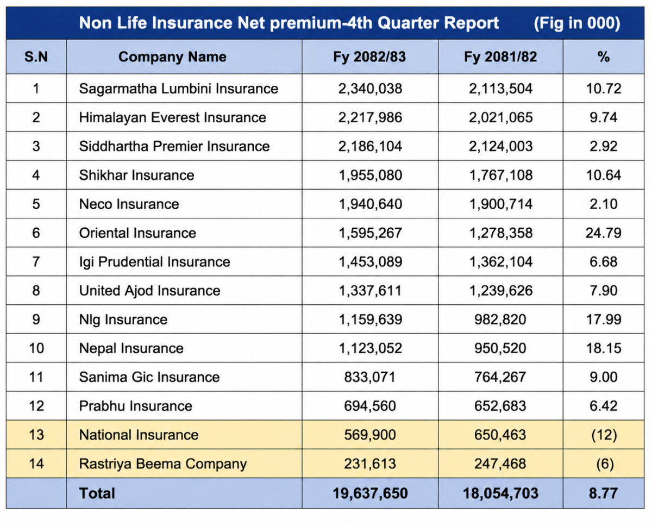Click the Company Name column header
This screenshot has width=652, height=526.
[172, 57]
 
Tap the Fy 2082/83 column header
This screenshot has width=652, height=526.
[369, 57]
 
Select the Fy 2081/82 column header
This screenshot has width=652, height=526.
[500, 57]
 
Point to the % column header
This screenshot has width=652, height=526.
[604, 57]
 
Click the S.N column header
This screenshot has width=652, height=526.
[36, 57]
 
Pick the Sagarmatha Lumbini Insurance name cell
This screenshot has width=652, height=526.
[178, 89]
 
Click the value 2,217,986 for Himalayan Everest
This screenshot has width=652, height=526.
[370, 117]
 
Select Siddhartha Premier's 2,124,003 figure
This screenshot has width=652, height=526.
[500, 146]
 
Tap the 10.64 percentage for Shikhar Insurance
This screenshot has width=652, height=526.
[604, 175]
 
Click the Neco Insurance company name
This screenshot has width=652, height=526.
[129, 204]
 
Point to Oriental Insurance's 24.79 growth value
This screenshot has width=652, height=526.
[604, 233]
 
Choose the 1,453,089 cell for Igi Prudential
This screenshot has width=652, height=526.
[370, 262]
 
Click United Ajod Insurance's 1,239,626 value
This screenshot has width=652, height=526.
[500, 291]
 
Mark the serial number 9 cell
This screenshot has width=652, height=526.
[36, 320]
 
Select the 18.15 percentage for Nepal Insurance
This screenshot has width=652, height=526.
[604, 348]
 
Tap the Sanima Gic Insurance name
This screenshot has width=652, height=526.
[149, 377]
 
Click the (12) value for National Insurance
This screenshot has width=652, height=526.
[604, 435]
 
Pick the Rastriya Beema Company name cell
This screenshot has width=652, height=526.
[163, 464]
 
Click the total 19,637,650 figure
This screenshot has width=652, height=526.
[370, 493]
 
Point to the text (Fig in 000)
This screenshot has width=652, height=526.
[577, 23]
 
